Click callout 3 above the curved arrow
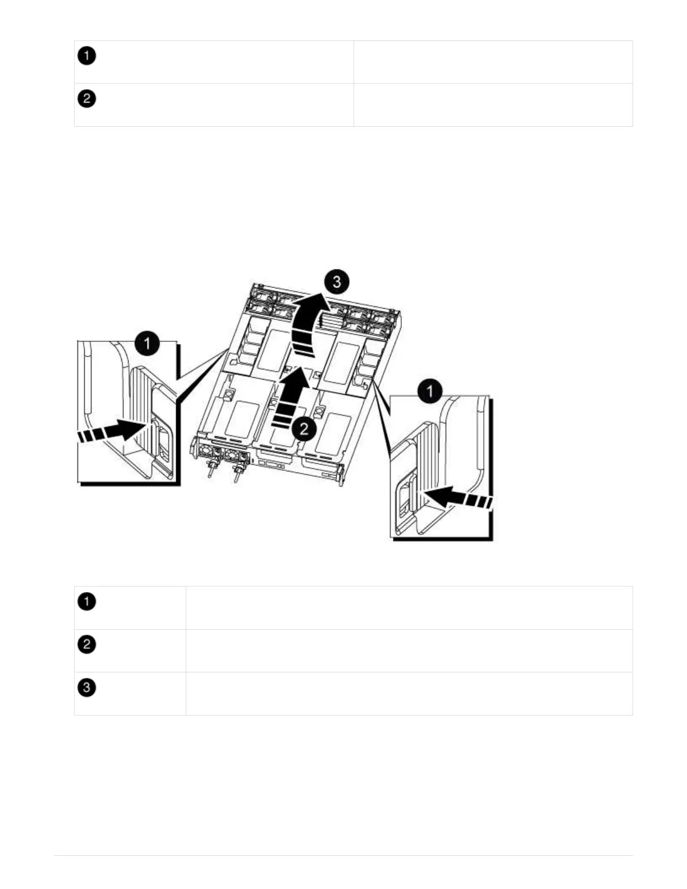click(x=336, y=281)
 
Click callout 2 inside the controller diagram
click(x=304, y=429)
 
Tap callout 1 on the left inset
click(x=147, y=343)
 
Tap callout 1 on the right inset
click(x=430, y=391)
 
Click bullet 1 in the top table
click(x=86, y=56)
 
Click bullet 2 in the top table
click(x=86, y=99)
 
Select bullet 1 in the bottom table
click(x=86, y=602)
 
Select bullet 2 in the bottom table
click(x=86, y=644)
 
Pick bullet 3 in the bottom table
click(x=86, y=688)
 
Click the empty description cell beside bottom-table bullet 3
click(x=409, y=694)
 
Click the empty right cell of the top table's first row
click(x=493, y=62)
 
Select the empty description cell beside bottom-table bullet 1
click(x=409, y=608)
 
